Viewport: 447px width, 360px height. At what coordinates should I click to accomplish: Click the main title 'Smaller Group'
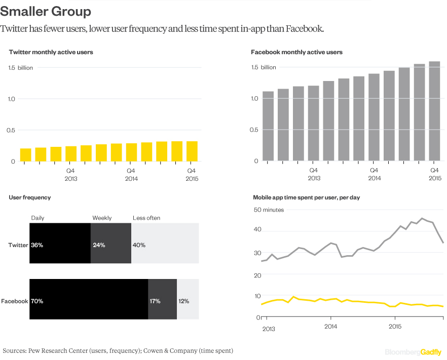pyautogui.click(x=46, y=11)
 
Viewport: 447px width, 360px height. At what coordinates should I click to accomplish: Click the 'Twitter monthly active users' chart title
pyautogui.click(x=51, y=52)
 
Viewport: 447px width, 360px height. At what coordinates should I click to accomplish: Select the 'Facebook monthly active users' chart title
pyautogui.click(x=296, y=52)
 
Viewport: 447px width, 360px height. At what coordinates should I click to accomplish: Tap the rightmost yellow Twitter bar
pyautogui.click(x=192, y=151)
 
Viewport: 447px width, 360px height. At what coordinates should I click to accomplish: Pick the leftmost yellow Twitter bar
pyautogui.click(x=25, y=155)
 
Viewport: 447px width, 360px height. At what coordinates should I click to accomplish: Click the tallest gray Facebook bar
pyautogui.click(x=434, y=111)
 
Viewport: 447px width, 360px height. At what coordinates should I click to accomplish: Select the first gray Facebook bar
pyautogui.click(x=268, y=126)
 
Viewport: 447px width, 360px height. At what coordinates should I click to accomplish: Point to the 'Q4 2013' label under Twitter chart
pyautogui.click(x=70, y=174)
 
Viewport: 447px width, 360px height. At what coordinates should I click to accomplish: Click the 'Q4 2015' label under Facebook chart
pyautogui.click(x=435, y=174)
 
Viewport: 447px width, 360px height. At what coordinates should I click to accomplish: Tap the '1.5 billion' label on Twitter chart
pyautogui.click(x=21, y=68)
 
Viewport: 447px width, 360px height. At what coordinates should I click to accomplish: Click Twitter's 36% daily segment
pyautogui.click(x=60, y=245)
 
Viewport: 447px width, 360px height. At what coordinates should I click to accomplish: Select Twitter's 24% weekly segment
pyautogui.click(x=110, y=245)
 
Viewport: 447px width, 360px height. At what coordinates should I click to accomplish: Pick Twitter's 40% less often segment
pyautogui.click(x=165, y=245)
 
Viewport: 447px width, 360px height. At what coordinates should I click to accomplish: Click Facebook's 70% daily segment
pyautogui.click(x=89, y=301)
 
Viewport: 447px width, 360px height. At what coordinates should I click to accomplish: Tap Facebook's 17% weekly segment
pyautogui.click(x=162, y=301)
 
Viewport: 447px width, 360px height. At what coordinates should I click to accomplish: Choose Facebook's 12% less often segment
pyautogui.click(x=188, y=301)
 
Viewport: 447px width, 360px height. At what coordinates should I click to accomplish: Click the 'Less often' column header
pyautogui.click(x=146, y=218)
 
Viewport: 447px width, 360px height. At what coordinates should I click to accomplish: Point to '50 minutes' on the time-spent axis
pyautogui.click(x=269, y=210)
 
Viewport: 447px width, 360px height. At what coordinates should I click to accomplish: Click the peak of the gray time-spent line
pyautogui.click(x=422, y=219)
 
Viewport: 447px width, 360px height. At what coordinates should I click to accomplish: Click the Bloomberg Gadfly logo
pyautogui.click(x=413, y=352)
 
